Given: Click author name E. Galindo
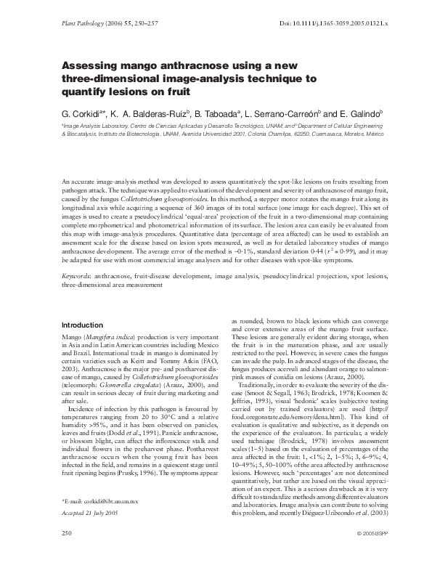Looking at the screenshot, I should [x=359, y=115].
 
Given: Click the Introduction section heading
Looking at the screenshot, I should [x=82, y=325].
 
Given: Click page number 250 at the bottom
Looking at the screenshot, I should [x=68, y=554].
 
